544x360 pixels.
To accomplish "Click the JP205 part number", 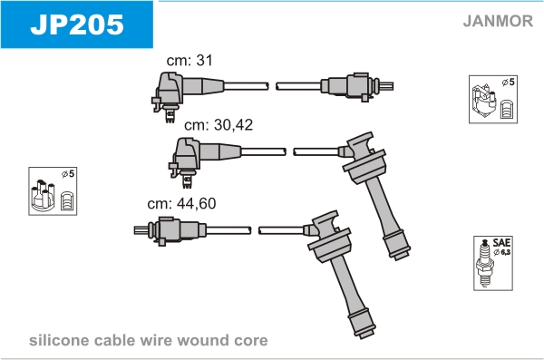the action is point(77,24).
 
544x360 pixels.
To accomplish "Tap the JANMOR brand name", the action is point(498,21).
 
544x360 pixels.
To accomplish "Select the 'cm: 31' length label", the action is point(189,60).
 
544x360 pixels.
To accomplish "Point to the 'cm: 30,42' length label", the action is point(219,124).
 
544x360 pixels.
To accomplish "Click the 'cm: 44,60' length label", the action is point(181,203).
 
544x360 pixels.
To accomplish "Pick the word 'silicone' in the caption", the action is point(59,340).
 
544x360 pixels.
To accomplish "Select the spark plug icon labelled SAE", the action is point(485,263).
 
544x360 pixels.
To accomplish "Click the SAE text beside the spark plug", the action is point(501,242).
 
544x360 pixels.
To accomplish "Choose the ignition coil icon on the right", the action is point(483,101).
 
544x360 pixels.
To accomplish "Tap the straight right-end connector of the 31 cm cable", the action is point(356,86).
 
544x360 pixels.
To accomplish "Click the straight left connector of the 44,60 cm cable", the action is point(170,230).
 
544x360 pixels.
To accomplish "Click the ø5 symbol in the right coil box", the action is point(509,83).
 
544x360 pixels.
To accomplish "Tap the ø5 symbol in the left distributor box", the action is point(68,173).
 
